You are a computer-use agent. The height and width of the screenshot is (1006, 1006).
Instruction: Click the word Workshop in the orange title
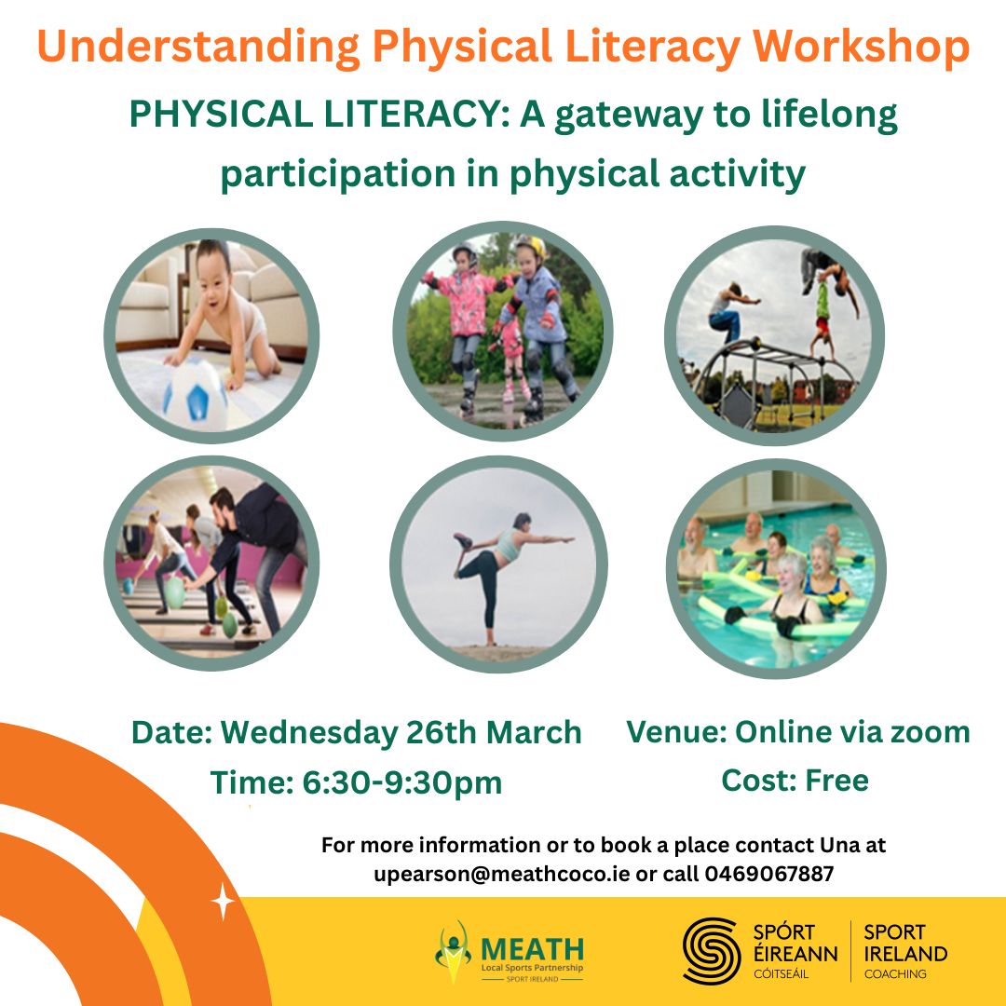[x=861, y=47]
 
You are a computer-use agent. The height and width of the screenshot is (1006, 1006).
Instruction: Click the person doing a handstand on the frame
[x=832, y=302]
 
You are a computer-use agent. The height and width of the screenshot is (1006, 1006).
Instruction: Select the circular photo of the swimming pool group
[x=776, y=568]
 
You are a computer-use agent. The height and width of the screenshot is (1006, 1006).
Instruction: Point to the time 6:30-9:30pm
[x=401, y=783]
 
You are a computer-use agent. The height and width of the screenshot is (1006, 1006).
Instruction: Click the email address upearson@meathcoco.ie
[x=502, y=873]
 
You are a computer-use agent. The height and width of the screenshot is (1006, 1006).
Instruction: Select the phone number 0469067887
[x=769, y=873]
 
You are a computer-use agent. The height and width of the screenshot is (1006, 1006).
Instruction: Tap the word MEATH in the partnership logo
[x=532, y=949]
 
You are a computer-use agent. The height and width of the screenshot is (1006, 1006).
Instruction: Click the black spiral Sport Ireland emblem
[x=712, y=950]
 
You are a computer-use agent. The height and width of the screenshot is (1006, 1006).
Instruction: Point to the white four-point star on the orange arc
[x=223, y=902]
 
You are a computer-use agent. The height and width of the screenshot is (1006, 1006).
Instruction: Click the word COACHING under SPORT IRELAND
[x=895, y=974]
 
